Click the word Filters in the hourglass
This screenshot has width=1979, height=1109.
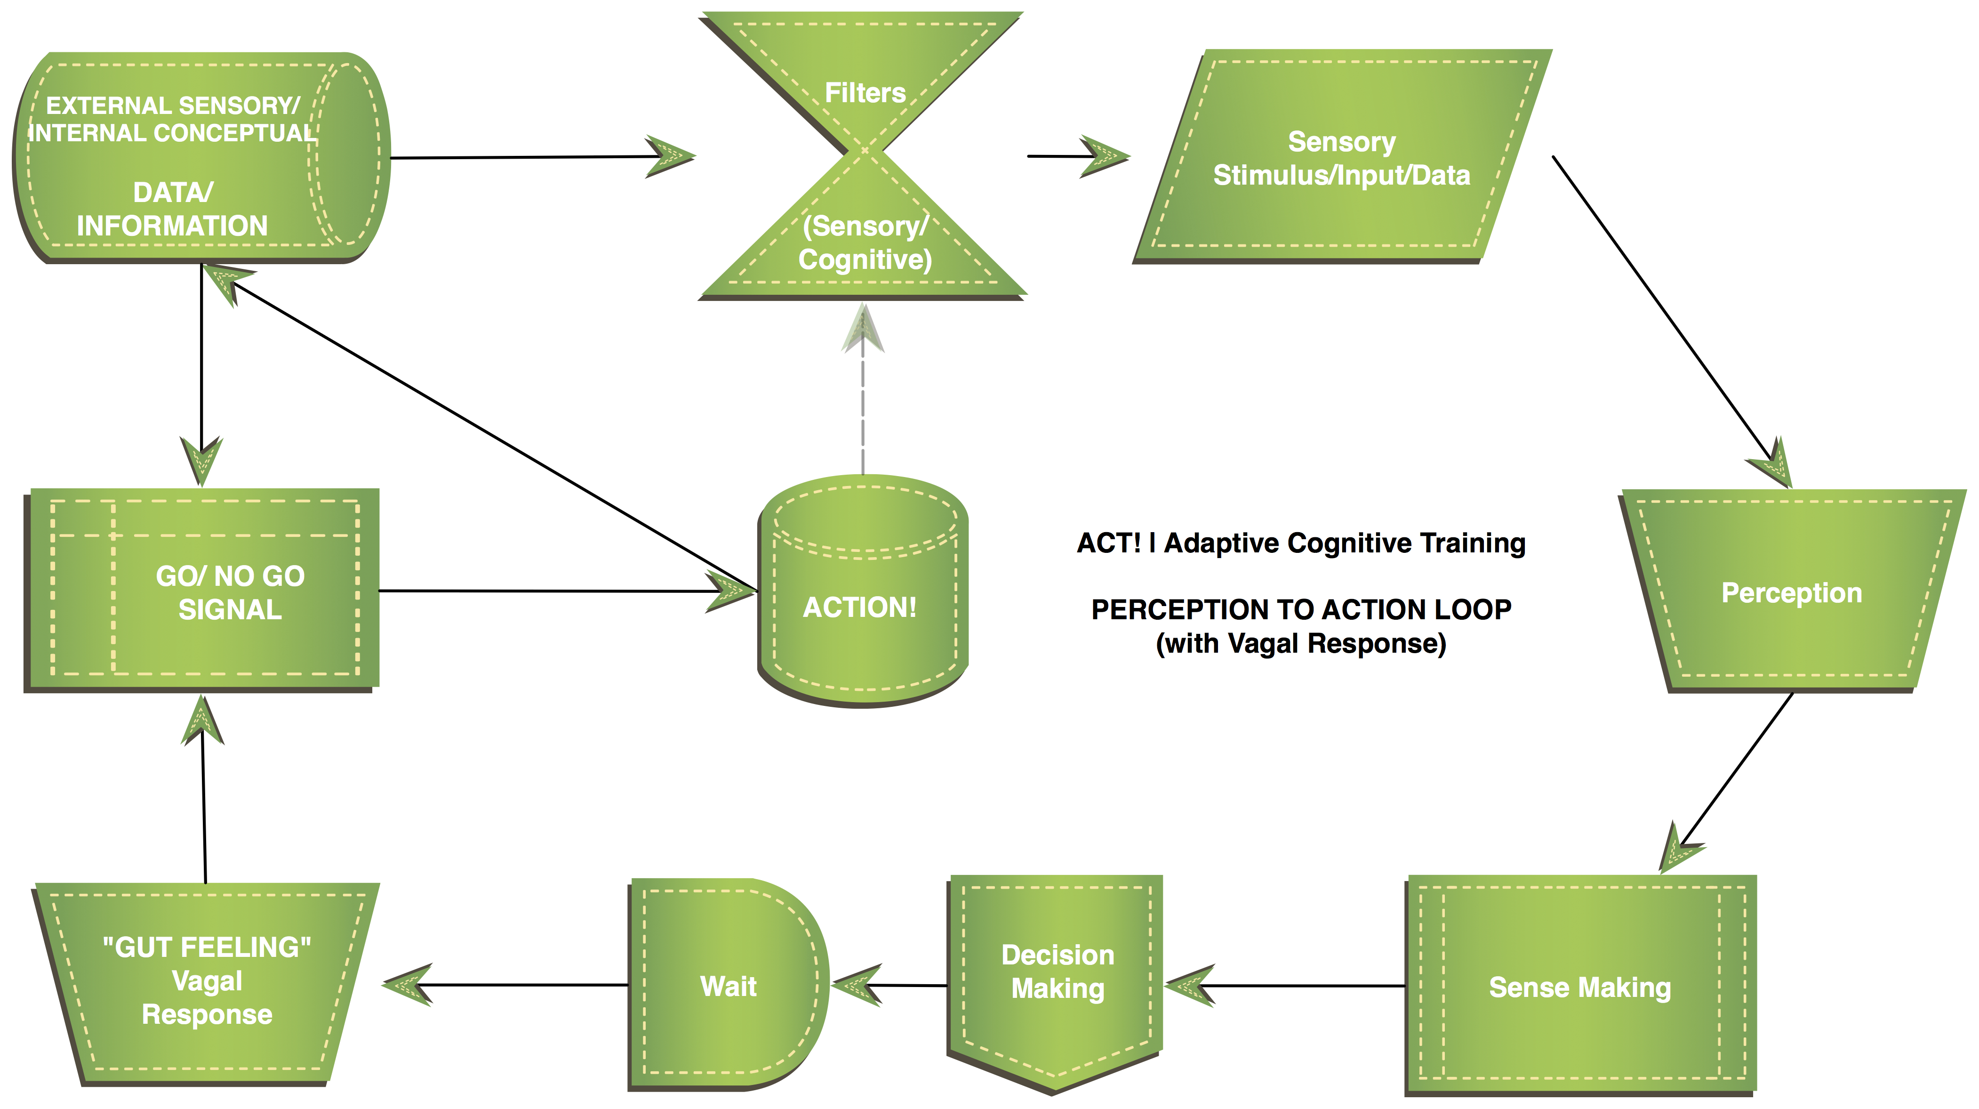click(x=865, y=93)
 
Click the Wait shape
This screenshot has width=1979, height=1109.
click(x=728, y=985)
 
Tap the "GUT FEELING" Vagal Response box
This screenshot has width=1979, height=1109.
click(x=207, y=981)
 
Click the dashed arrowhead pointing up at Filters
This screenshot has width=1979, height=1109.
click(x=863, y=329)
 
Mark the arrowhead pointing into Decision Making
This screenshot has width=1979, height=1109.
click(x=1189, y=985)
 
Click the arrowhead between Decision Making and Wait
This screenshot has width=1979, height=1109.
click(x=857, y=985)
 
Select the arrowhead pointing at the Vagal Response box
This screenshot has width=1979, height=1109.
click(x=407, y=985)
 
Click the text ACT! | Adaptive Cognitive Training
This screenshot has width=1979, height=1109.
click(x=1301, y=542)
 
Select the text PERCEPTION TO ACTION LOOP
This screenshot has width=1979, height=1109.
click(x=1301, y=609)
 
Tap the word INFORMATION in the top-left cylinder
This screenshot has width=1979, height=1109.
click(x=172, y=225)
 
